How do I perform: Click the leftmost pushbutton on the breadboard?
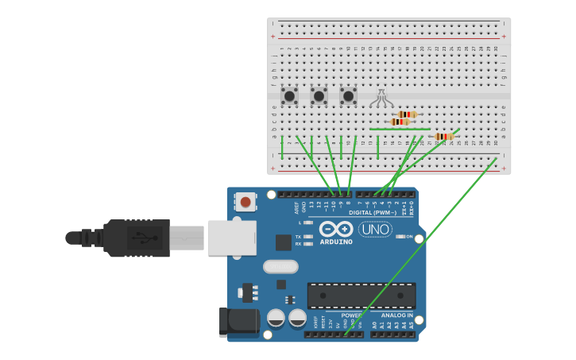290,96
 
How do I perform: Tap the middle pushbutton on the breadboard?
319,96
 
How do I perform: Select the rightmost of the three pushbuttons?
348,96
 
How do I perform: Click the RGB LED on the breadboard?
381,98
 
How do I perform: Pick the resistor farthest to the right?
444,137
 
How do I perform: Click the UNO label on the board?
375,230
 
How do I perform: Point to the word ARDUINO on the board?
336,242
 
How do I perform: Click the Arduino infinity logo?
336,229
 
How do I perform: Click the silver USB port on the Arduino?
231,238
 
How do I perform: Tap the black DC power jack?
239,321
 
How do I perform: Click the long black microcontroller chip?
361,296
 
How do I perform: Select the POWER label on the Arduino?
352,315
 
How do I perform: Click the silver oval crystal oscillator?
280,266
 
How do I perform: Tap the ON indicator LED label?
409,237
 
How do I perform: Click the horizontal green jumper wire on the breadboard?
400,129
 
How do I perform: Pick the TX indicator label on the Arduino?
298,237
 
